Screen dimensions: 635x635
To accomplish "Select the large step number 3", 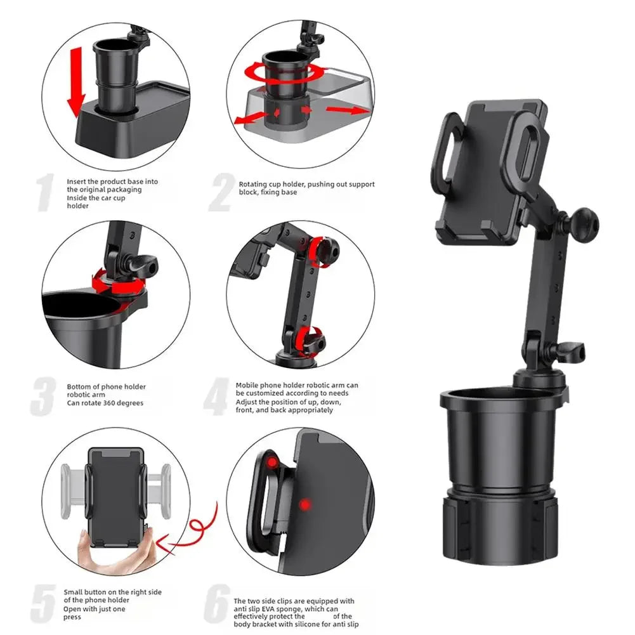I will (x=43, y=396).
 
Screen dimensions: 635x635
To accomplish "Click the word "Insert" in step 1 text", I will (x=77, y=181).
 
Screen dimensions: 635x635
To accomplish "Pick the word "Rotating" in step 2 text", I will (x=252, y=185).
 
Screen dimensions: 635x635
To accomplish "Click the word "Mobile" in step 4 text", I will (x=247, y=385).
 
